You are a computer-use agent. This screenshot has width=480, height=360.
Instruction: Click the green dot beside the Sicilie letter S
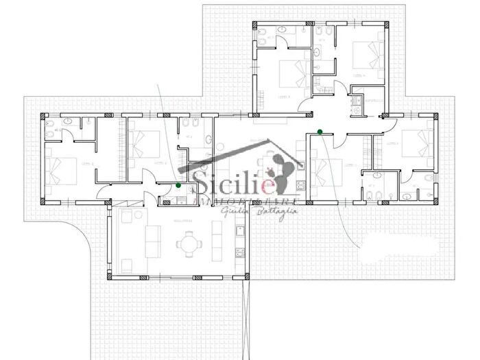coord(179,185)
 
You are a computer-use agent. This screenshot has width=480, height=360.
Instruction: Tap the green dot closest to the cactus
coord(320,132)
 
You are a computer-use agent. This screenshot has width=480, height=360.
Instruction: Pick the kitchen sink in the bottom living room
coord(239,252)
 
